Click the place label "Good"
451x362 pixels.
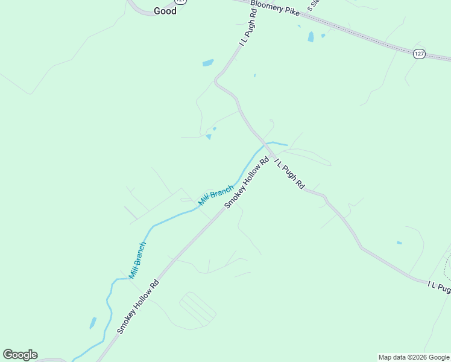(165, 11)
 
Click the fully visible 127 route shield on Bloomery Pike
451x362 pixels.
(420, 54)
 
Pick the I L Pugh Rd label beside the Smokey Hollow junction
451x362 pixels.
(289, 174)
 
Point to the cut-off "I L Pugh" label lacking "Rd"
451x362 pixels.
(439, 288)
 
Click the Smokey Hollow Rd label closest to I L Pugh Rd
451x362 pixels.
(247, 183)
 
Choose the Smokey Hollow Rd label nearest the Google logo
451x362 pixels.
(138, 307)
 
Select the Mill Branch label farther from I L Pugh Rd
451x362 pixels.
(137, 260)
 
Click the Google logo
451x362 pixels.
(20, 355)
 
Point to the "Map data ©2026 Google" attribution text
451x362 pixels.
(414, 357)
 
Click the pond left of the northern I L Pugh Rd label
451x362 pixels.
(208, 63)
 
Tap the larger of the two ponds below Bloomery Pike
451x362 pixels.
(311, 37)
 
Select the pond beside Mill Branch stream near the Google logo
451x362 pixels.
(93, 323)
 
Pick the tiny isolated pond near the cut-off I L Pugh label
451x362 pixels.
(399, 243)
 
